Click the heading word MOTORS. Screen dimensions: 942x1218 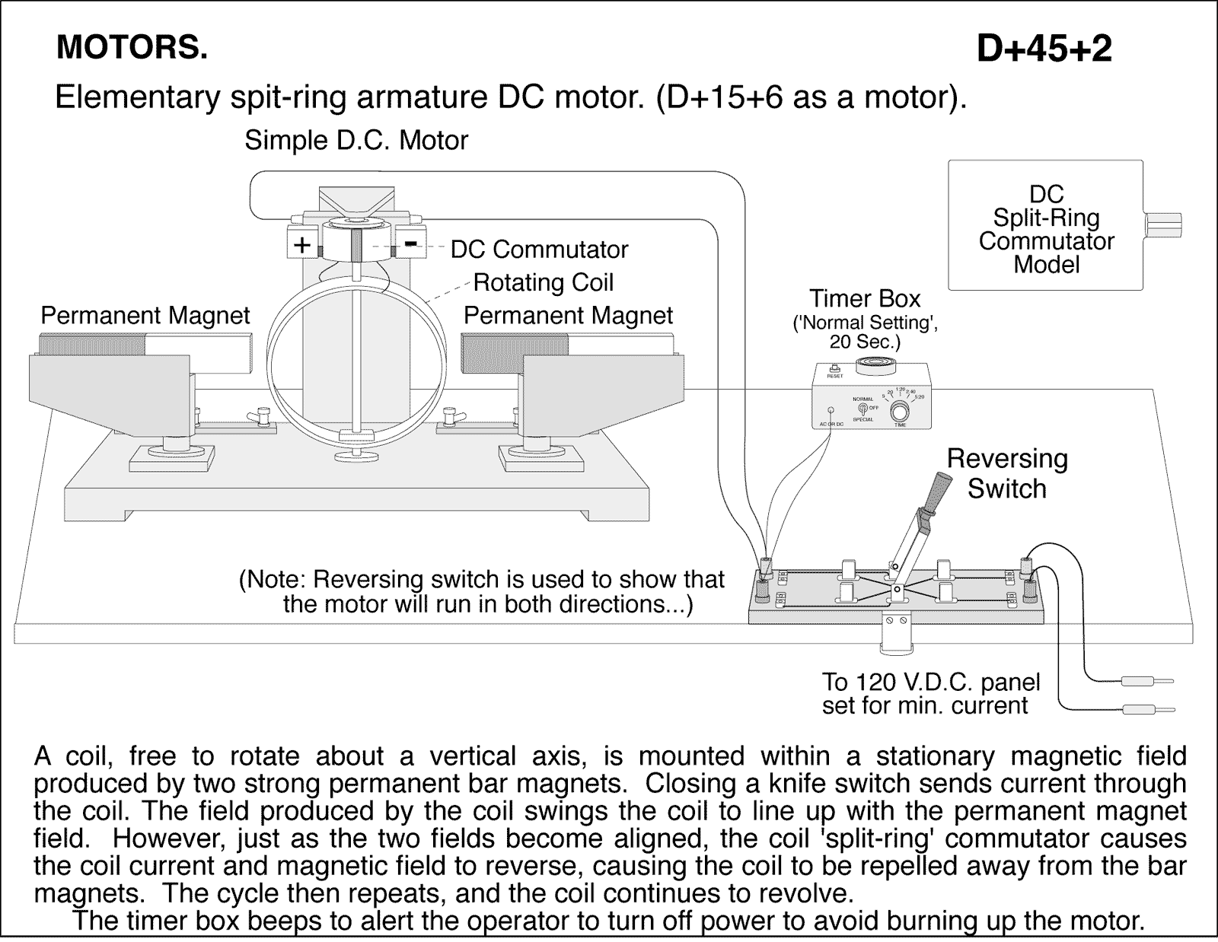point(131,48)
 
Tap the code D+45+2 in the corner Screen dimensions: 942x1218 point(1044,49)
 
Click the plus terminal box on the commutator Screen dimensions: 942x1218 point(302,245)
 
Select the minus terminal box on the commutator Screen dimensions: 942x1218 point(410,243)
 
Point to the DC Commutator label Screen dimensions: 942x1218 point(539,250)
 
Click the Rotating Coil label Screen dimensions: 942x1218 point(543,283)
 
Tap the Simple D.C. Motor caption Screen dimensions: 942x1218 point(356,141)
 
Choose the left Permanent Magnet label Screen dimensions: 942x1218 point(145,316)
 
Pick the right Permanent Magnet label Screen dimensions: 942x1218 point(568,316)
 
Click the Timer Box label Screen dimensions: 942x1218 point(865,298)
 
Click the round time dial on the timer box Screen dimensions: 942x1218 point(900,412)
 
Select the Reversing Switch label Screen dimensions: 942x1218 point(1006,473)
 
